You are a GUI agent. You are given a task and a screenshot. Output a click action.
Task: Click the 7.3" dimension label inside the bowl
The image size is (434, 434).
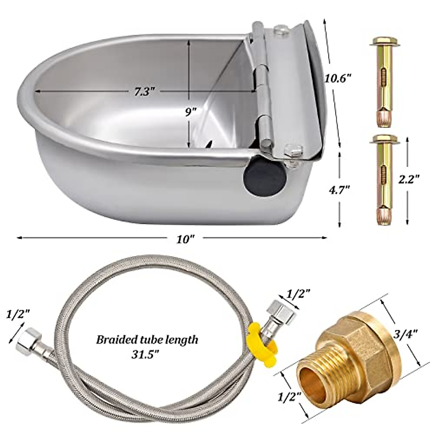(144, 92)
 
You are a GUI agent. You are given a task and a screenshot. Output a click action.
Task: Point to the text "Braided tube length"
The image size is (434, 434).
(147, 340)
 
